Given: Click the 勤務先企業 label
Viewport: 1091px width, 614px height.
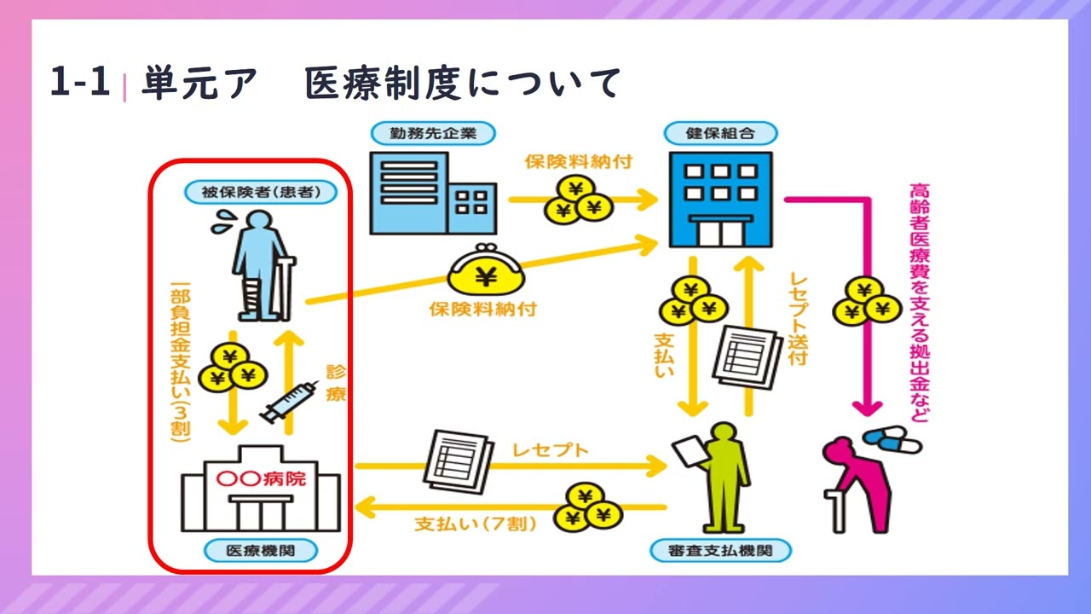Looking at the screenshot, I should click(x=434, y=133).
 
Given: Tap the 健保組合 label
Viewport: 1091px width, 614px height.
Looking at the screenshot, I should click(x=720, y=133).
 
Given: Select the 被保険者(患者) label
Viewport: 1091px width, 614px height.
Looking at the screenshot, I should click(x=261, y=192).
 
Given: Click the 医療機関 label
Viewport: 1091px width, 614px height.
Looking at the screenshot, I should click(x=260, y=551).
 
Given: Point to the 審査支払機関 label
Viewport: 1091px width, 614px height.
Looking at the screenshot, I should click(x=719, y=551).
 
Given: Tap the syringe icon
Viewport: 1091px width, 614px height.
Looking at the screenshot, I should click(x=284, y=402).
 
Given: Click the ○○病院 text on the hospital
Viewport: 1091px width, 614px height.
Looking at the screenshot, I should click(x=261, y=478).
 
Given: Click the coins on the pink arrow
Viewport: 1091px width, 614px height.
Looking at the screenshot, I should click(x=868, y=301).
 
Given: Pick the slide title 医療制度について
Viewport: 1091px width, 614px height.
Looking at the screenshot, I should click(x=463, y=84).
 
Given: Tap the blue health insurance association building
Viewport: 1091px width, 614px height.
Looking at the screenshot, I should click(x=720, y=199).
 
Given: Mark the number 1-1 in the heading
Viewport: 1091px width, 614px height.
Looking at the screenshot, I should click(x=80, y=84).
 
